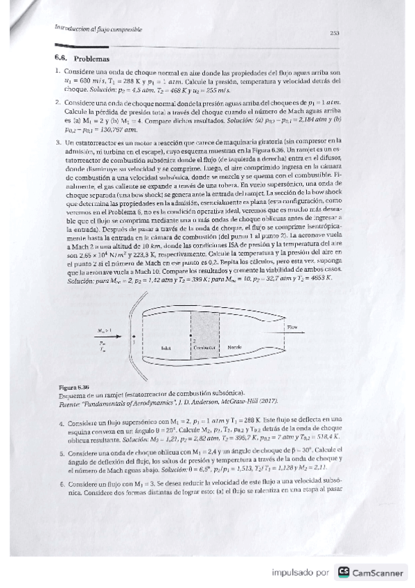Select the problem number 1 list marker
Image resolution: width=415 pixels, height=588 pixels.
[x=56, y=72]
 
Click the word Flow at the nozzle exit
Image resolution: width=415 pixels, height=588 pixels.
[x=292, y=325]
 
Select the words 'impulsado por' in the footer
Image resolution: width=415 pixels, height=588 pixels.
[x=299, y=573]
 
